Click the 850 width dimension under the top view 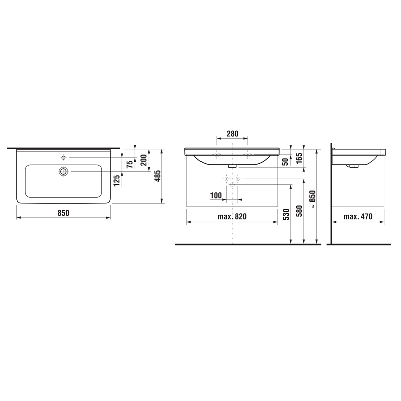[x=63, y=213]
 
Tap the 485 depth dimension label [x=158, y=176]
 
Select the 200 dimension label [x=144, y=160]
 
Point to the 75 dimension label [x=130, y=164]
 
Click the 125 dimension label [x=117, y=180]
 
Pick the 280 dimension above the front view [x=232, y=134]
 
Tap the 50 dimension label [x=285, y=161]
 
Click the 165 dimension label [x=299, y=158]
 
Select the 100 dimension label [x=216, y=196]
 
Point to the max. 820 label [x=232, y=217]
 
